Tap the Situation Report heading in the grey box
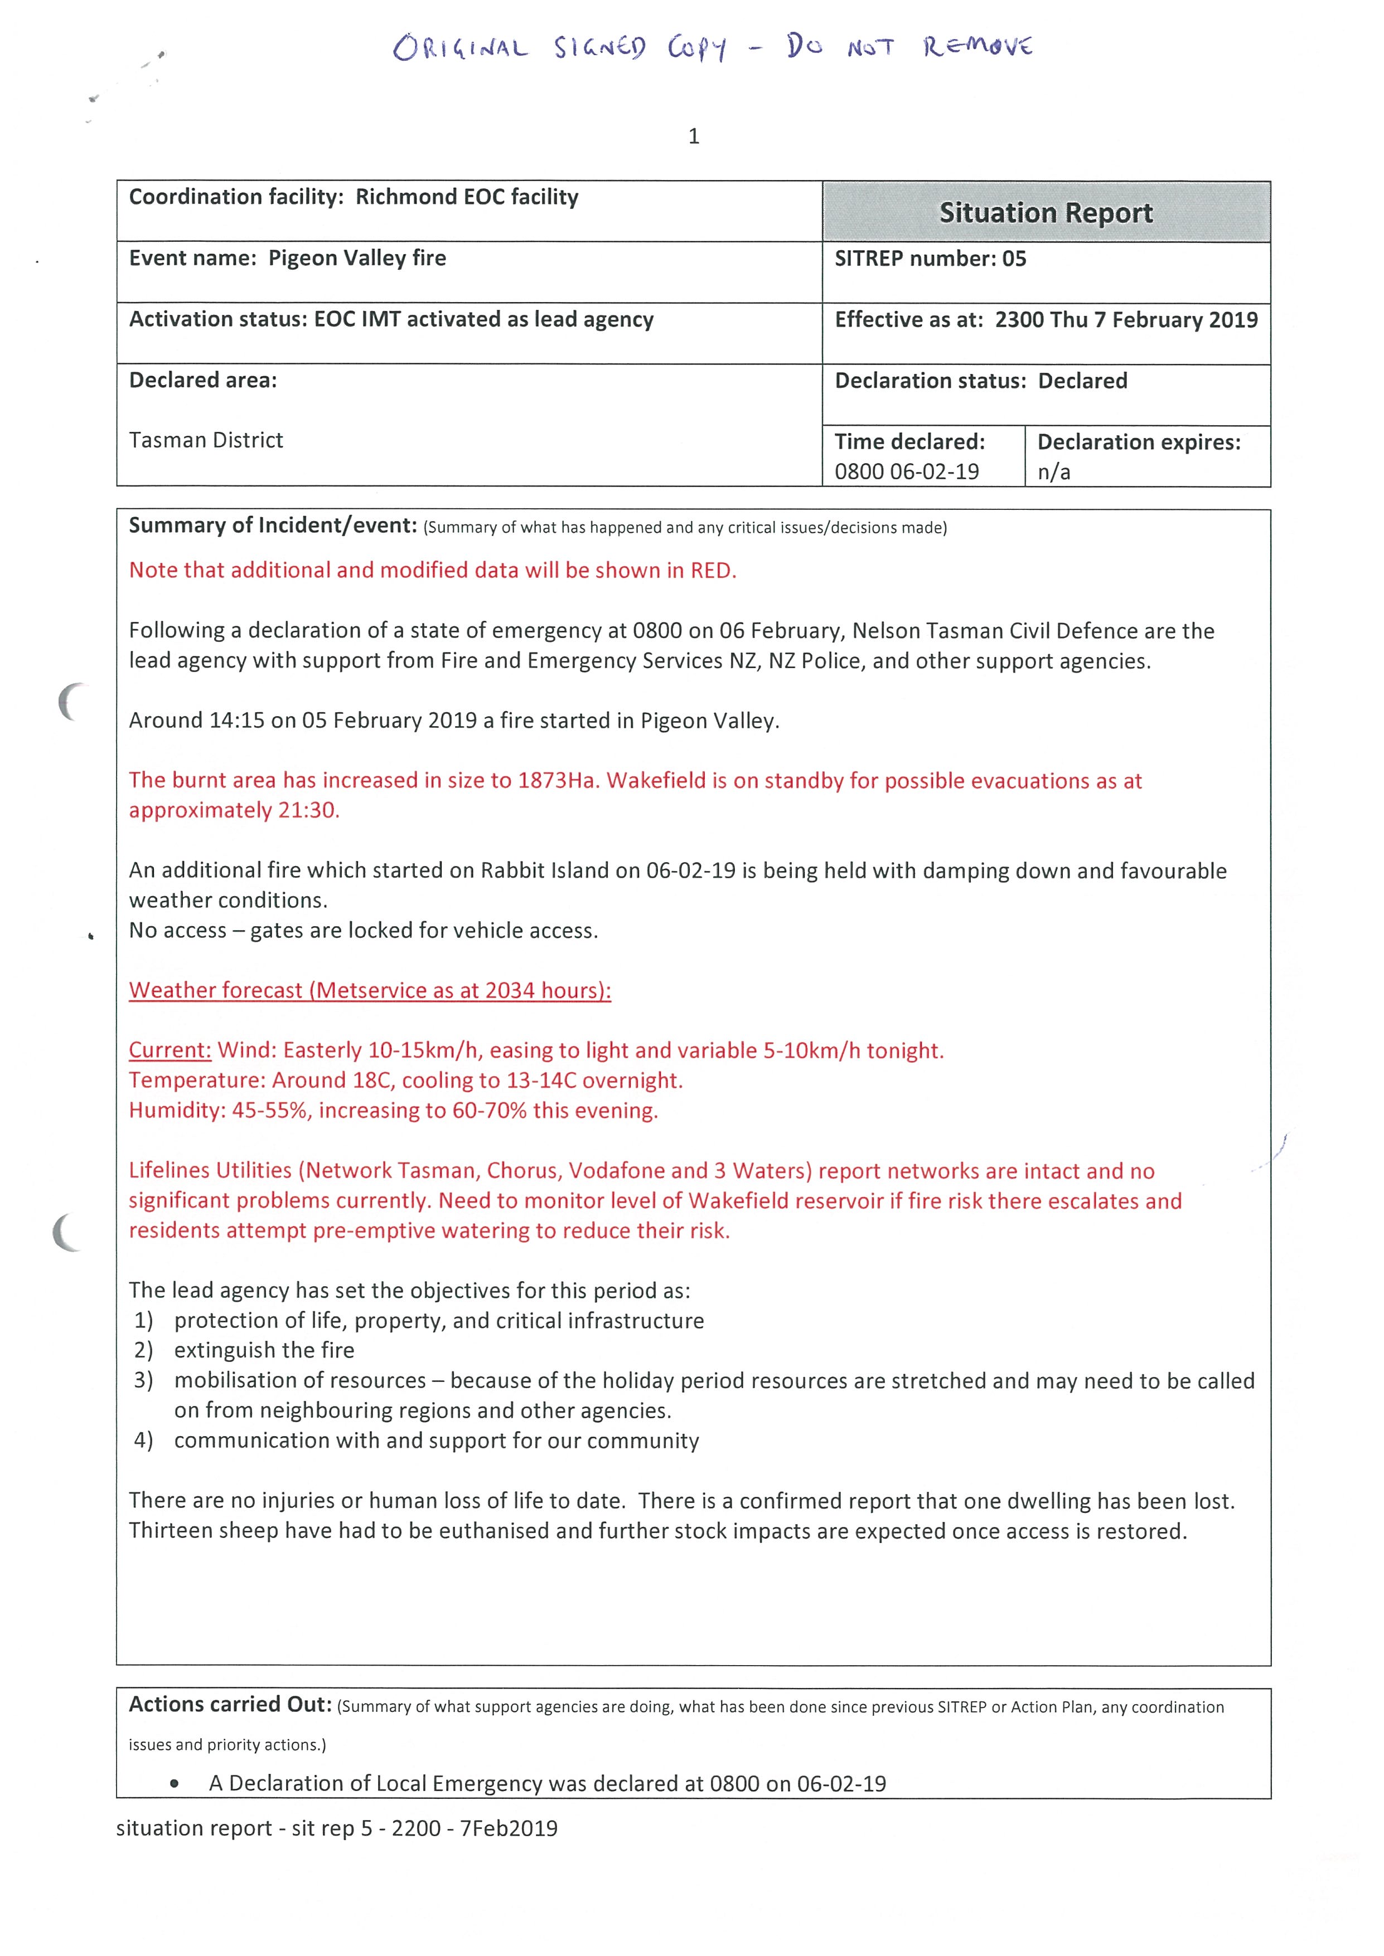pos(1046,212)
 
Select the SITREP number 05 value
pos(1014,259)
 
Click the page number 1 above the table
pos(694,137)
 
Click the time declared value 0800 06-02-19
pos(906,472)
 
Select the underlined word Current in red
pos(170,1050)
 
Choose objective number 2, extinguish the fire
pos(263,1350)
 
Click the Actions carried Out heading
pos(229,1705)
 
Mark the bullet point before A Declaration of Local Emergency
pos(175,1783)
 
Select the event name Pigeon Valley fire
pos(356,258)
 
